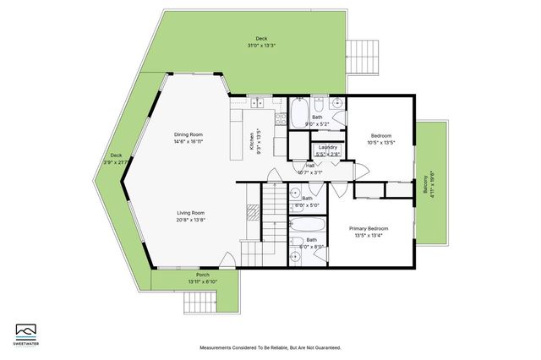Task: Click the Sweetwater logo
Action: (x=28, y=333)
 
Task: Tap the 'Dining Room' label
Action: (x=189, y=134)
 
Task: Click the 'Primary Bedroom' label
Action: (x=369, y=229)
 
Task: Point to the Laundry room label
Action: (x=327, y=147)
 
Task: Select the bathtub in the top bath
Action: (x=300, y=113)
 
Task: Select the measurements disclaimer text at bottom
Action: (x=270, y=347)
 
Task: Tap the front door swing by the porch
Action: (x=226, y=260)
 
